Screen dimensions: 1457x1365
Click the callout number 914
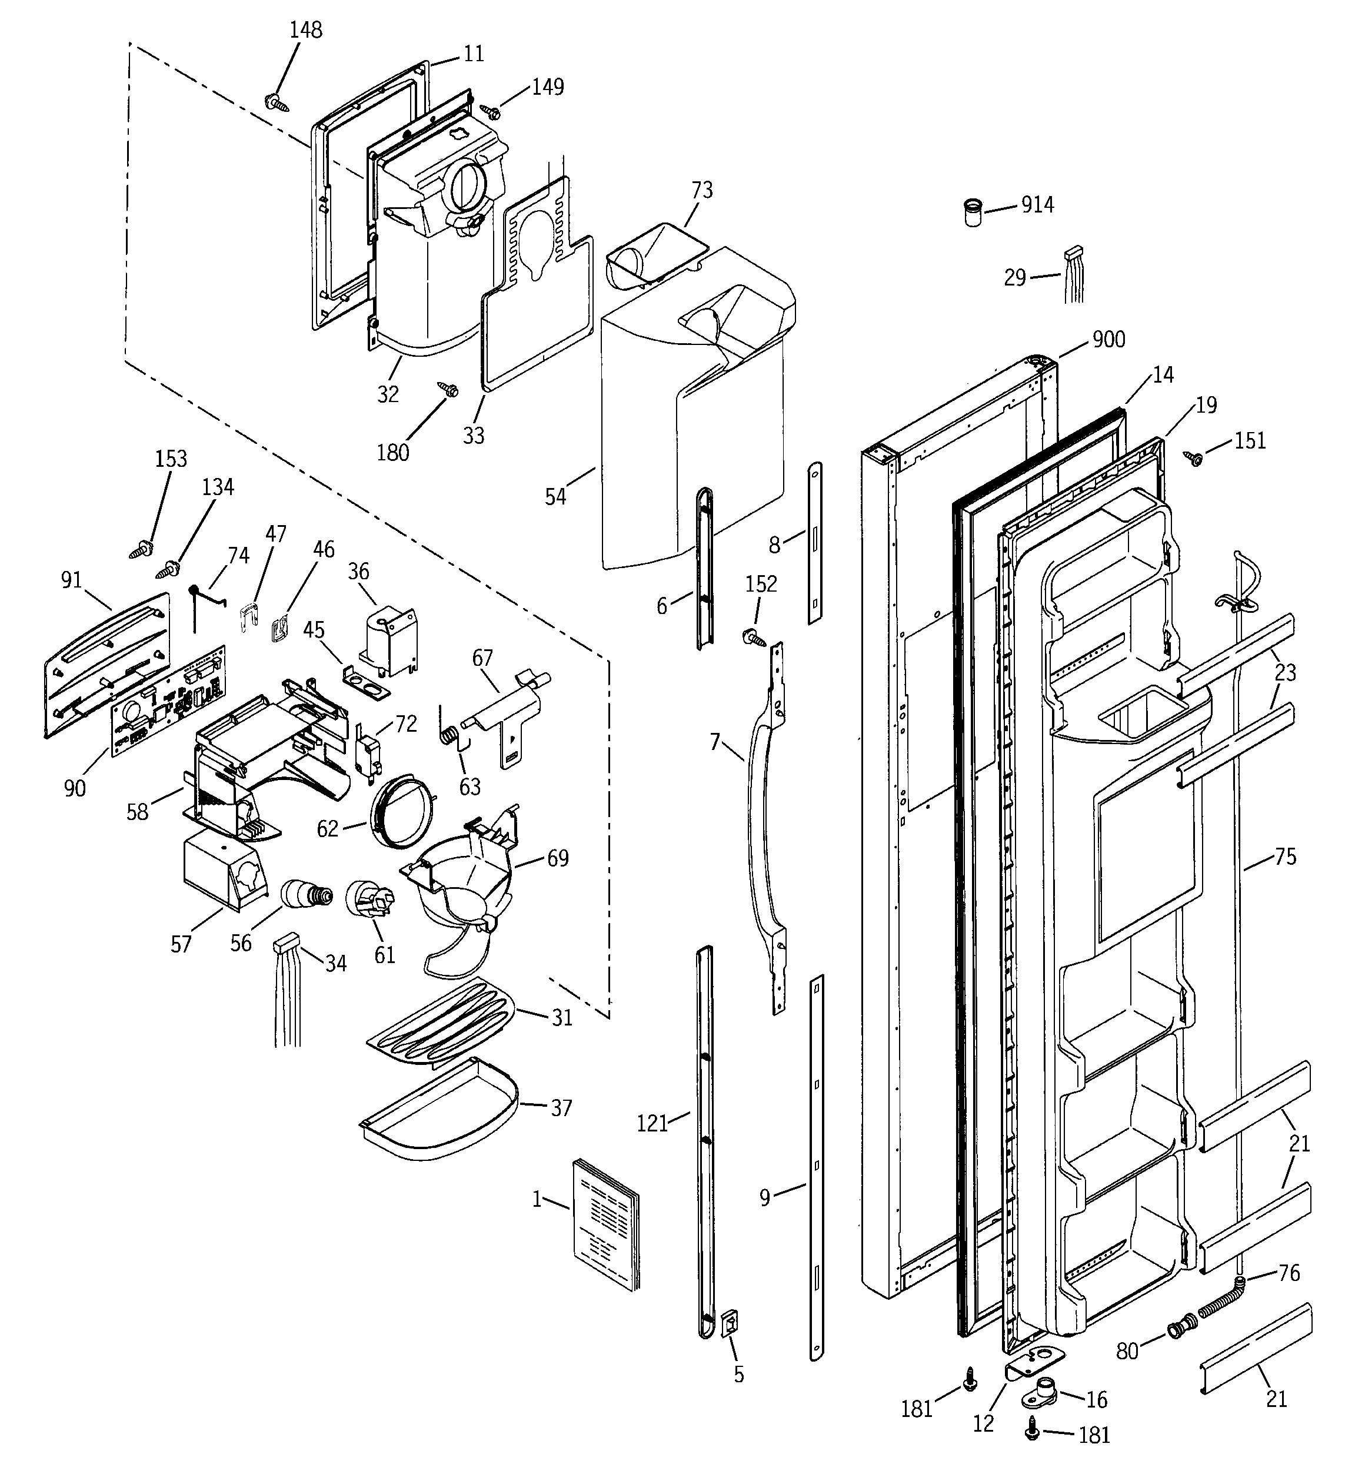1037,205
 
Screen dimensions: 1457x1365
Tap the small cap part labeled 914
973,212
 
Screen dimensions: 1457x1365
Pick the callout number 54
555,496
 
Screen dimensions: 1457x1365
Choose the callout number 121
651,1123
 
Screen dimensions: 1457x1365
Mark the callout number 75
1285,856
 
